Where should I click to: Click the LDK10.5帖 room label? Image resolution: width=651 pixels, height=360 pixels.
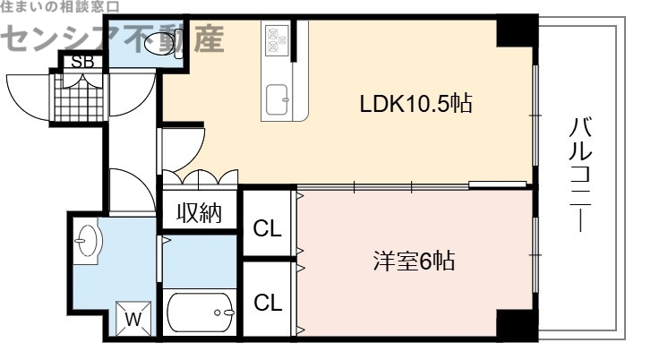415,103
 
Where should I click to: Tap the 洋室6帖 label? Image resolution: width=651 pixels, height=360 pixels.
414,261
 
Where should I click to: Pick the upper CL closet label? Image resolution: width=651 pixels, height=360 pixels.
267,228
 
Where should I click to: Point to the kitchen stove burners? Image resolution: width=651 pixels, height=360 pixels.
275,39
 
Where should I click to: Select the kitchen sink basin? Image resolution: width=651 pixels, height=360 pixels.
277,96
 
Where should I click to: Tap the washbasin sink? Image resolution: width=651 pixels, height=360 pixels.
87,241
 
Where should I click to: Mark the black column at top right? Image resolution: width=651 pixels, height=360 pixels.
514,32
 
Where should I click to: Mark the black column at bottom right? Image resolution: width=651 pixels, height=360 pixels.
514,323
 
